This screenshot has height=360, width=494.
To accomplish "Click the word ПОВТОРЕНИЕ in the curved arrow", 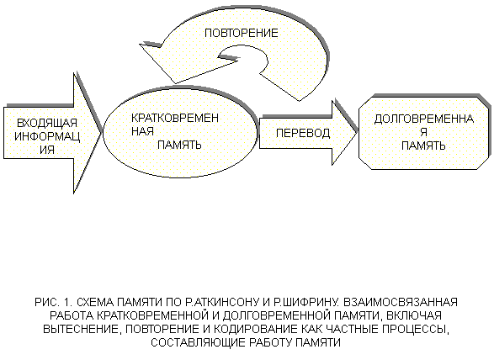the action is [242, 33].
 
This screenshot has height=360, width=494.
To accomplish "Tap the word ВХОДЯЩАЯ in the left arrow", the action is [47, 123].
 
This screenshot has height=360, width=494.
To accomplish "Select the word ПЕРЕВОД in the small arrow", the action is [303, 133].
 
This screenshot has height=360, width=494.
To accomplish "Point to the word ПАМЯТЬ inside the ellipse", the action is [179, 145].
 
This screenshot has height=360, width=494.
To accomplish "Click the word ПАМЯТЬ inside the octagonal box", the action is [423, 146].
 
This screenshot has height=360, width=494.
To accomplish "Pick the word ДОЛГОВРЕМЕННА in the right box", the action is [424, 119].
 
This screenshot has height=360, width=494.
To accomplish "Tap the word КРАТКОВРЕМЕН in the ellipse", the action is [175, 118].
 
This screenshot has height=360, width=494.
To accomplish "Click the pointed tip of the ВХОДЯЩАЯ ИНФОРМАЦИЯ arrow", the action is [102, 133].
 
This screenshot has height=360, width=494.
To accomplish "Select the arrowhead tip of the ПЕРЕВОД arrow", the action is [357, 133].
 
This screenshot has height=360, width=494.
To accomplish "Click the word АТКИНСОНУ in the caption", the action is [226, 302].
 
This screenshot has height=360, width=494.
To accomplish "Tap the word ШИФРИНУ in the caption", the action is [310, 302].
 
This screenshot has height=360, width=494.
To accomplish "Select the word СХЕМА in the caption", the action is [95, 302].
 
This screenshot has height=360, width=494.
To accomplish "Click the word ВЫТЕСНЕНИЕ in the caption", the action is [82, 329].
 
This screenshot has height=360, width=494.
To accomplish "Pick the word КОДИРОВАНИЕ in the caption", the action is [255, 329].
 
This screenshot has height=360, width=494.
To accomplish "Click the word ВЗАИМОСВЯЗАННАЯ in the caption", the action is [400, 302].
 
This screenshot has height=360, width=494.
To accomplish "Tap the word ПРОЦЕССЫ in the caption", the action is [416, 329].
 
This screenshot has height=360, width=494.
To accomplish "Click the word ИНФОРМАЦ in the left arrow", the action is [47, 137].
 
